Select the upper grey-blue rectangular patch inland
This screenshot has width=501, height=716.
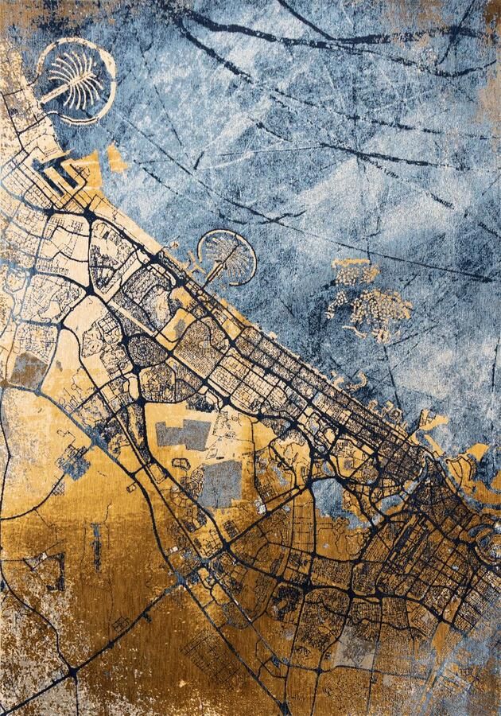tap(183, 434)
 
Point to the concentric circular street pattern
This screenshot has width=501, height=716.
tap(146, 350)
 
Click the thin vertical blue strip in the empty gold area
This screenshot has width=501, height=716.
tap(96, 545)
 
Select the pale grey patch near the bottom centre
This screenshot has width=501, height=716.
tap(350, 652)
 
